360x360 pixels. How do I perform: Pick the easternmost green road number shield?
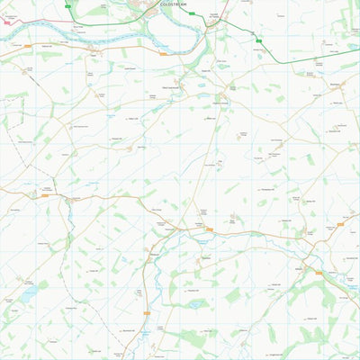tap(258, 40)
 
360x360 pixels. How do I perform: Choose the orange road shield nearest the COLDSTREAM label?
tap(163, 53)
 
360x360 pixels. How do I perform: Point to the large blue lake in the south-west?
tap(30, 293)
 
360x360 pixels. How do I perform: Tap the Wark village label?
tap(94, 56)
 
